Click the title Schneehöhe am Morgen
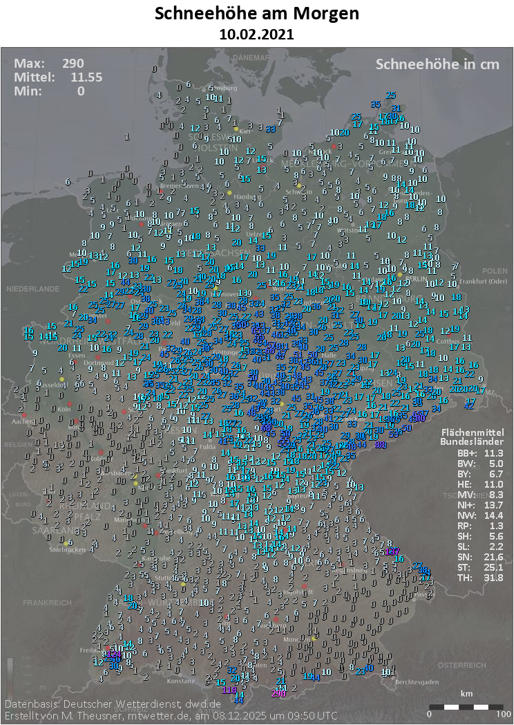pyautogui.click(x=257, y=14)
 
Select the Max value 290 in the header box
pyautogui.click(x=73, y=64)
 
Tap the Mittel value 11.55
pyautogui.click(x=86, y=77)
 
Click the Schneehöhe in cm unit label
pyautogui.click(x=437, y=64)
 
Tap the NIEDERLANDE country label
pyautogui.click(x=32, y=288)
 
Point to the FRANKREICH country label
pyautogui.click(x=47, y=603)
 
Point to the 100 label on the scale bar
pyautogui.click(x=503, y=713)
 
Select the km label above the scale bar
pyautogui.click(x=467, y=693)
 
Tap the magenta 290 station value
pyautogui.click(x=278, y=693)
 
